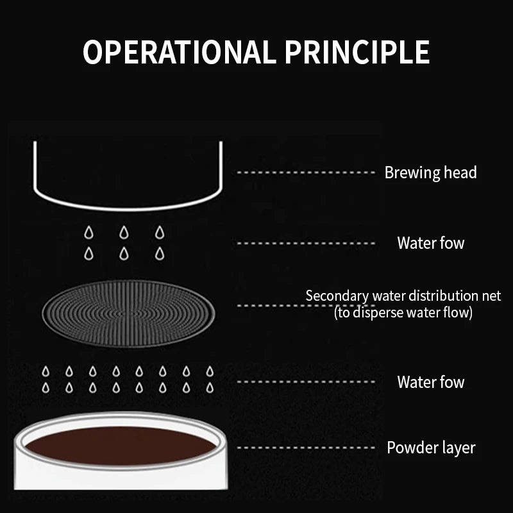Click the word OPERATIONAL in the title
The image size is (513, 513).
(180, 52)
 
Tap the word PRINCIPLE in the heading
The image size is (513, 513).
(357, 52)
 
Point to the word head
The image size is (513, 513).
(460, 172)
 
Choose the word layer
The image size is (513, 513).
(455, 448)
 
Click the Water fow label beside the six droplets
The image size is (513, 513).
(431, 243)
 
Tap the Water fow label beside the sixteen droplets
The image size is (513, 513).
(431, 382)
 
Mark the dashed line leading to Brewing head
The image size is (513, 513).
(306, 172)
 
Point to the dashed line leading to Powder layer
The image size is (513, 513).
(306, 448)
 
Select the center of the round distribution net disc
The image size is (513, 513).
(129, 314)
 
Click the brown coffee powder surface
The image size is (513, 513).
(121, 446)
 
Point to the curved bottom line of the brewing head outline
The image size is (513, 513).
(128, 208)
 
